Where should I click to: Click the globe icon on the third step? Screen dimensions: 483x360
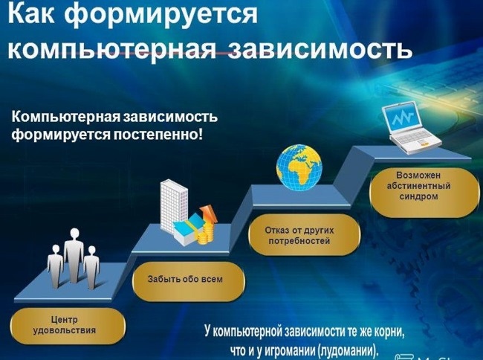point(299,167)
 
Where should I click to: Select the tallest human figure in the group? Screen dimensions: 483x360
point(74,256)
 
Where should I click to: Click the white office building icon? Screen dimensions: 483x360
point(173,206)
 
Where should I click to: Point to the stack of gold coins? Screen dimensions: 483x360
point(206,234)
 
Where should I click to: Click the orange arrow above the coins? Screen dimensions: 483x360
point(209,214)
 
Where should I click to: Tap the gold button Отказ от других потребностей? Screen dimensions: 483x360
point(305,235)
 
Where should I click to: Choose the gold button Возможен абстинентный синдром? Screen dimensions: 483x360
point(424,192)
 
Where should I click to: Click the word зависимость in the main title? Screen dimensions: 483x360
point(320,48)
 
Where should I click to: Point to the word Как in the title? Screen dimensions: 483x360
point(31,13)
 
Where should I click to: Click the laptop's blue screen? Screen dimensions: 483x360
point(403,118)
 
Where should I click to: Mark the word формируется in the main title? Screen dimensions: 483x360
point(161,15)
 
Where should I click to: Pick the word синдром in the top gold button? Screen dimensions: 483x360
point(418,196)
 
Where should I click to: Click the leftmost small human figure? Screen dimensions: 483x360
point(55,266)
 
